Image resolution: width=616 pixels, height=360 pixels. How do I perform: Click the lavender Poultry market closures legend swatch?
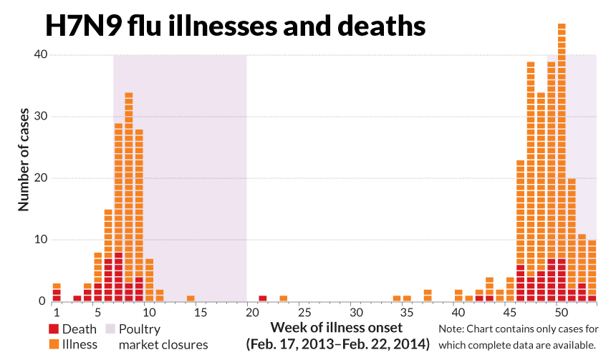point(110,330)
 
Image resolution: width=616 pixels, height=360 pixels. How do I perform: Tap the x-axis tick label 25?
point(304,313)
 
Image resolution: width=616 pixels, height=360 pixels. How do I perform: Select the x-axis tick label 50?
point(562,313)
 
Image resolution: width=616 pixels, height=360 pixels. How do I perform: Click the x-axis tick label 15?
point(201,313)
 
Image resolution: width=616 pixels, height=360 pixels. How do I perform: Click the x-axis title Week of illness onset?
point(337,328)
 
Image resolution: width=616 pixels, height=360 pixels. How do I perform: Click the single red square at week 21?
point(263,298)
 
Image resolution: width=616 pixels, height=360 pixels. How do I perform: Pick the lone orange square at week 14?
point(191,298)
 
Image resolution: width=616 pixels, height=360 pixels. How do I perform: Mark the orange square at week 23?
point(284,298)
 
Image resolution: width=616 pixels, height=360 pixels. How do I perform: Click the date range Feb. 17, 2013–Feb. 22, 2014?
point(337,345)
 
